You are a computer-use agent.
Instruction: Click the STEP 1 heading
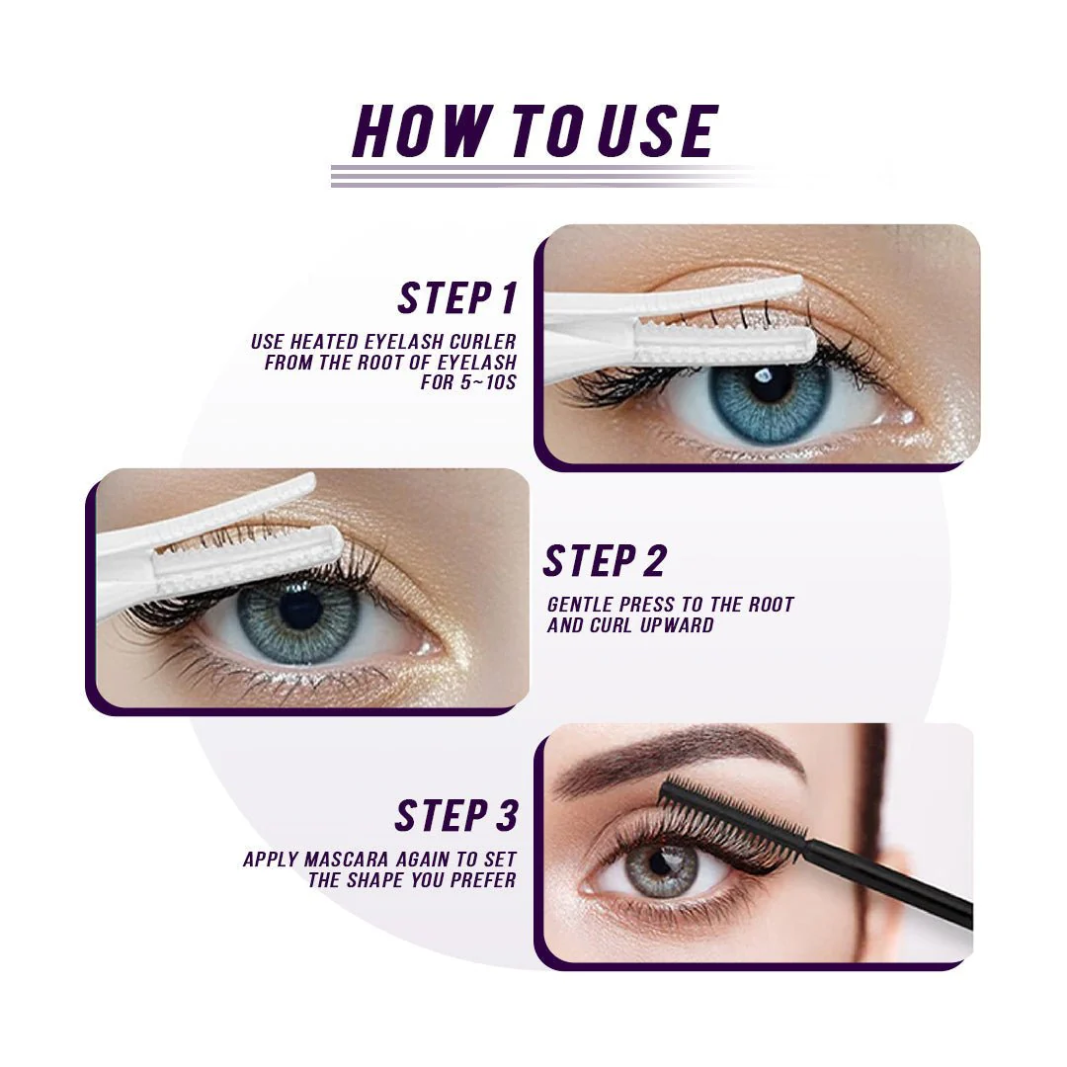pyautogui.click(x=457, y=297)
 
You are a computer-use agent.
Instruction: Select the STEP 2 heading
pyautogui.click(x=605, y=561)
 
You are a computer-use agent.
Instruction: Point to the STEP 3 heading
pyautogui.click(x=456, y=816)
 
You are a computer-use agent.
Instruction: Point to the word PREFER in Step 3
pyautogui.click(x=483, y=880)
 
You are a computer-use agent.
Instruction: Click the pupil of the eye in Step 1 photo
pyautogui.click(x=770, y=385)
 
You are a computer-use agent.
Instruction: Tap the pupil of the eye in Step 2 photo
pyautogui.click(x=299, y=610)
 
